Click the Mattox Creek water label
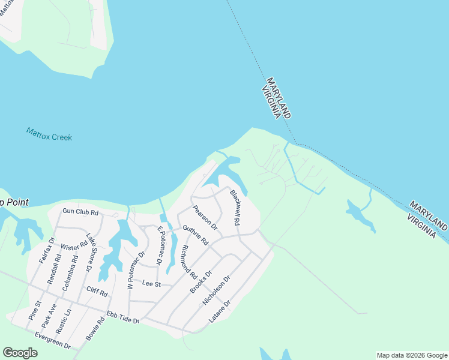pos(49,134)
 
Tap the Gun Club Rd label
pos(80,212)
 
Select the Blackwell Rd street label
pos(235,208)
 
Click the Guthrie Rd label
pos(195,235)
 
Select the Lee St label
pos(152,284)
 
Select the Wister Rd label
pos(74,247)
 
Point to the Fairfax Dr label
pos(47,251)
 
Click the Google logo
pos(20,353)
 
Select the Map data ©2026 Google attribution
pos(411,355)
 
